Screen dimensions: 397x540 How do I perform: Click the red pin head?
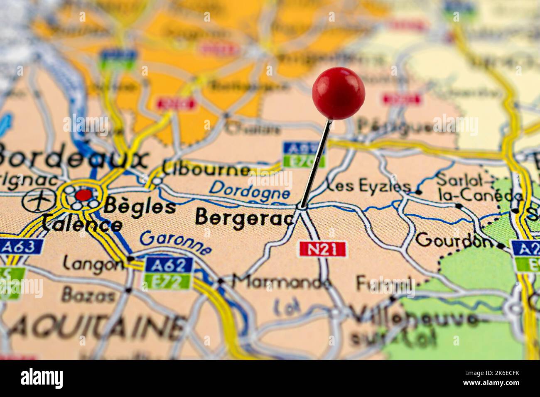coord(338,93)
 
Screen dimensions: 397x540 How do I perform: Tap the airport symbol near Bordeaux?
coord(39,201)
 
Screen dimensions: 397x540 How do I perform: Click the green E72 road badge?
coord(169,282)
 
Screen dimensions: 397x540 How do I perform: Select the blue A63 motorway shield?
coord(21,247)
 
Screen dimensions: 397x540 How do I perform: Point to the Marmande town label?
coord(282,282)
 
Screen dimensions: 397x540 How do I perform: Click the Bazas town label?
coord(88,296)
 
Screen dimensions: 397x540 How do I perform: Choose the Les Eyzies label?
coord(369,186)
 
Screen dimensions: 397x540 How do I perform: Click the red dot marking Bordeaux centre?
coord(84,195)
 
